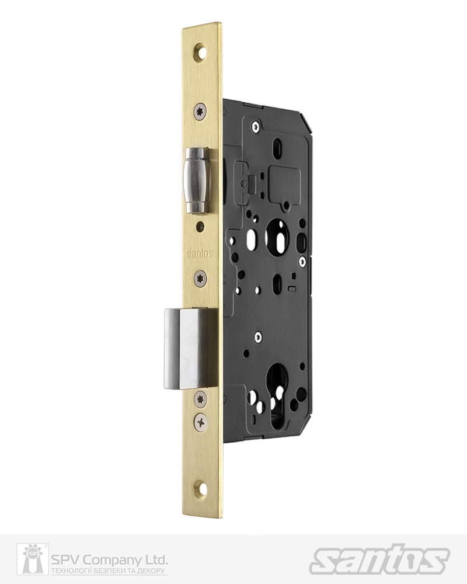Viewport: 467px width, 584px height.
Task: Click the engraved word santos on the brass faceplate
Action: click(x=200, y=254)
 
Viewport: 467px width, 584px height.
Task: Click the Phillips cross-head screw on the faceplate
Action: click(x=201, y=422)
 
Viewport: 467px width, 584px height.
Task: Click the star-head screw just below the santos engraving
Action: click(x=201, y=278)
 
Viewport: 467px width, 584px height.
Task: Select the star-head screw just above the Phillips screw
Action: click(x=201, y=399)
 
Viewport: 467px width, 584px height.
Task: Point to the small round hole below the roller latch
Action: click(x=201, y=225)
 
